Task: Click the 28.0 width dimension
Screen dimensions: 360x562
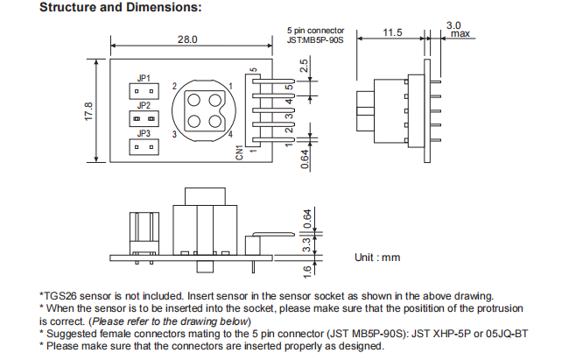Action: [187, 39]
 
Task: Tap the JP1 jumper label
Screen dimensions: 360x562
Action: [144, 78]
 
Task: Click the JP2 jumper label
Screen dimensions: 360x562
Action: [144, 105]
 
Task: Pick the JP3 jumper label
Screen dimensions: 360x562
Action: [144, 133]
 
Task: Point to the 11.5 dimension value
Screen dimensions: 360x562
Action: [392, 32]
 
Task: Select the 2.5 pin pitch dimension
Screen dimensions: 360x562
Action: [303, 67]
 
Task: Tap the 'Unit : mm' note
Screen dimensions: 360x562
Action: [376, 257]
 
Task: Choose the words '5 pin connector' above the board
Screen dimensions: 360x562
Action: [316, 30]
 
